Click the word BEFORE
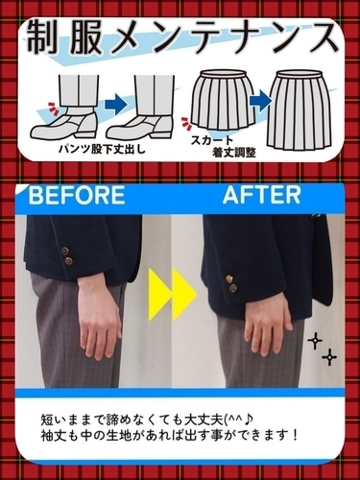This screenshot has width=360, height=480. (x=77, y=197)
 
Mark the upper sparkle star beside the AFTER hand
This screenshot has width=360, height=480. (x=313, y=342)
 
